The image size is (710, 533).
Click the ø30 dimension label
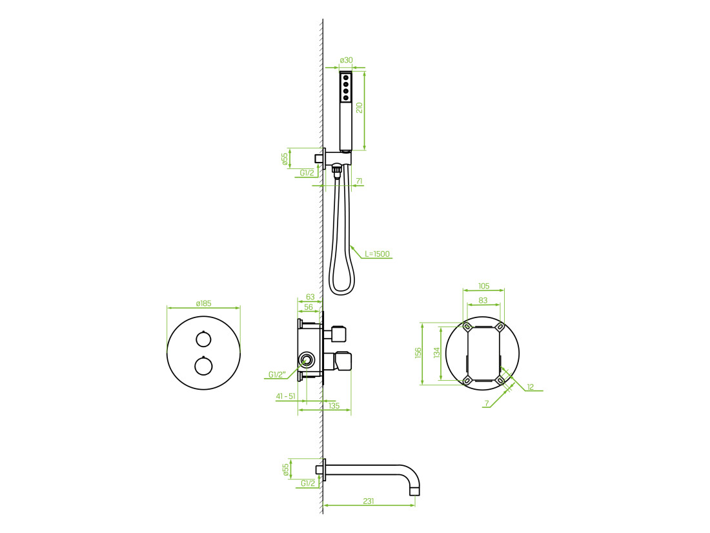tap(346, 60)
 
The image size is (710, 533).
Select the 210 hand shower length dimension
tap(360, 108)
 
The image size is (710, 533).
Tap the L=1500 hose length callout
tap(377, 254)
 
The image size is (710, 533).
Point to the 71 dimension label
tap(359, 181)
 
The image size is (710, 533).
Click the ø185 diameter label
tap(203, 303)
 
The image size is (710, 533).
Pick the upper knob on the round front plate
tap(203, 339)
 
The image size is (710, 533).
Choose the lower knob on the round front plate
tap(203, 366)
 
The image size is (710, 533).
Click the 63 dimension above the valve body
tap(310, 297)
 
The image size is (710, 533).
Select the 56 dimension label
tap(309, 307)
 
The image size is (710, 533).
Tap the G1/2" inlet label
tap(277, 374)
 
